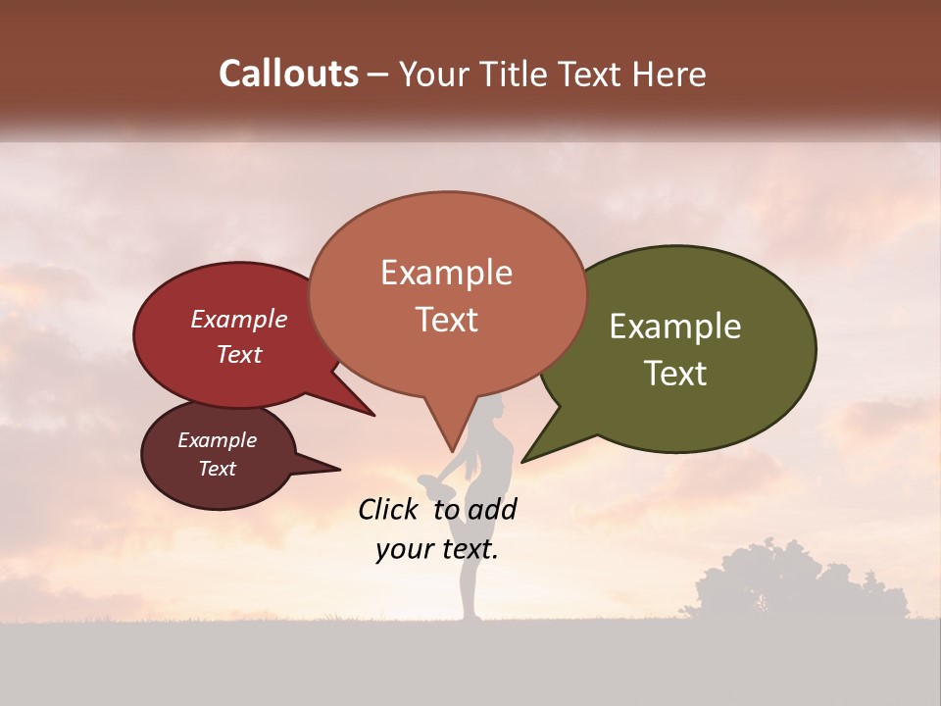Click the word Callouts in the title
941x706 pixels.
click(x=288, y=74)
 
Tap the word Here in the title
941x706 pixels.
click(x=670, y=74)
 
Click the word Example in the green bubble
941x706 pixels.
click(x=675, y=327)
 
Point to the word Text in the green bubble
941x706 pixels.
click(x=676, y=374)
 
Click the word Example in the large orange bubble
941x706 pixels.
click(x=446, y=273)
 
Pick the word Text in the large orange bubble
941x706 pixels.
click(x=446, y=320)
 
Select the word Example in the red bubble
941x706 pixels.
click(x=238, y=319)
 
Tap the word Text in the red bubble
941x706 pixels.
click(x=238, y=354)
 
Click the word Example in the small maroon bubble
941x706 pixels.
click(x=217, y=440)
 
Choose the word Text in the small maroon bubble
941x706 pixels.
click(x=217, y=469)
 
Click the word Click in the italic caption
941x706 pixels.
click(x=389, y=509)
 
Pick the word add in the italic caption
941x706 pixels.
click(x=493, y=509)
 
